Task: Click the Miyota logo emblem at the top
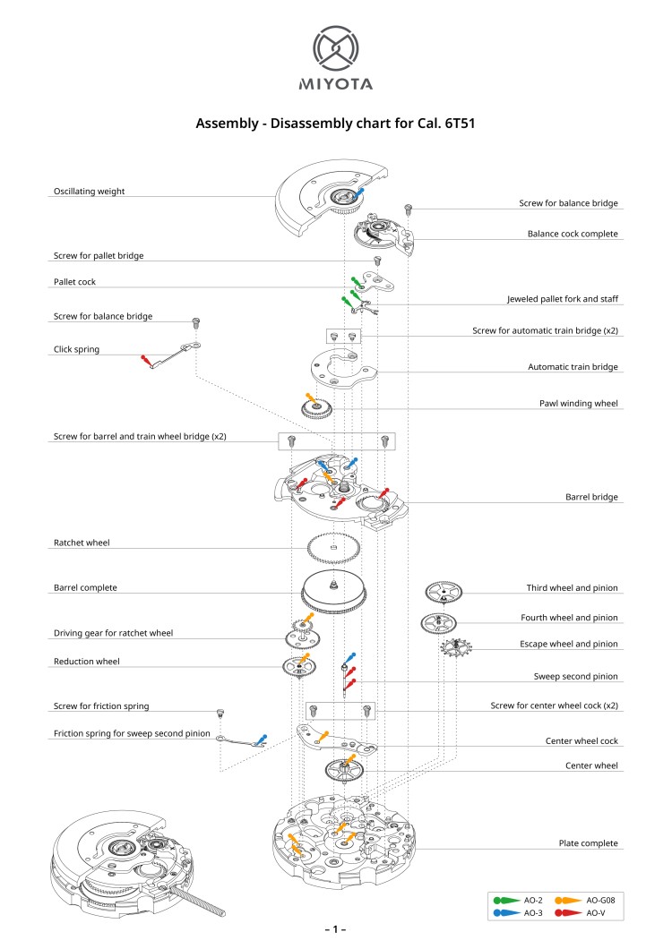click(336, 49)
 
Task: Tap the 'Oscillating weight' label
click(89, 192)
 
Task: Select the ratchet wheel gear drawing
click(333, 546)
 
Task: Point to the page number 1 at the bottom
click(336, 930)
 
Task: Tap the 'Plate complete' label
click(588, 843)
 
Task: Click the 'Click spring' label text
click(76, 349)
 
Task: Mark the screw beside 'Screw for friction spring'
click(217, 713)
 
